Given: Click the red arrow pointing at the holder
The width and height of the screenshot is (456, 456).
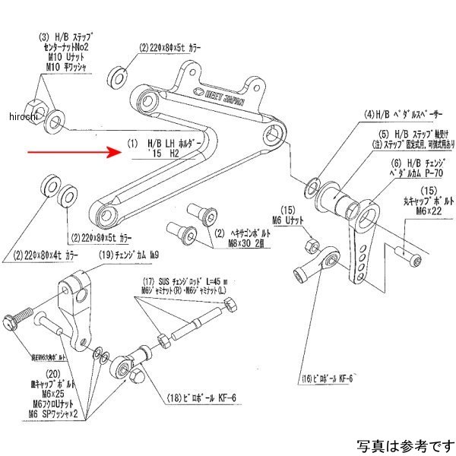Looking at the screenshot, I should coord(76,151).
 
